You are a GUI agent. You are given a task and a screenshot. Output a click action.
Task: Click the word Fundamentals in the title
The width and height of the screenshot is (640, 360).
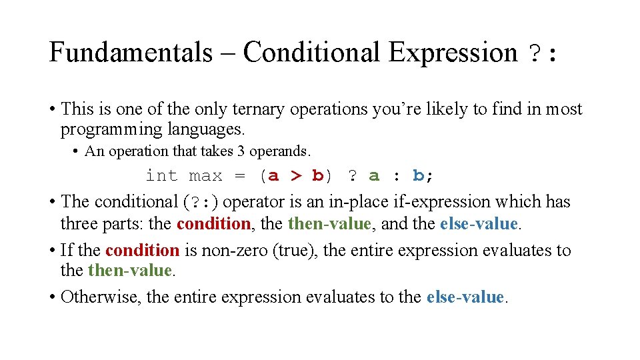tap(130, 53)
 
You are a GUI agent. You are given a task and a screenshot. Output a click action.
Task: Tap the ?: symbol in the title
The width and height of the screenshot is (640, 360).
tap(541, 53)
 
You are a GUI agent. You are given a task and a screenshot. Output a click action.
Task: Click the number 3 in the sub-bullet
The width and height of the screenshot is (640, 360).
tap(240, 151)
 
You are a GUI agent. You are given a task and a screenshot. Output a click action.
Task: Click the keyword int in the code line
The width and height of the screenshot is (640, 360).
tap(161, 176)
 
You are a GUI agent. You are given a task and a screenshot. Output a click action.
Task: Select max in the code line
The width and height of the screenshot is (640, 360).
tap(205, 176)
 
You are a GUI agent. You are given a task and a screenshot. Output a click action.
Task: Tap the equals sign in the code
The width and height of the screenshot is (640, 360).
tap(240, 176)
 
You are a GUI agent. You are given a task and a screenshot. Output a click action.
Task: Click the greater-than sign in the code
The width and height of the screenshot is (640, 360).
tap(296, 176)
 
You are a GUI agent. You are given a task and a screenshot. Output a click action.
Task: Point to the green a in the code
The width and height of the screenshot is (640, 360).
tap(374, 176)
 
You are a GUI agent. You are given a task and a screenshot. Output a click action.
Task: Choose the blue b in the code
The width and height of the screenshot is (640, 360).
tap(418, 176)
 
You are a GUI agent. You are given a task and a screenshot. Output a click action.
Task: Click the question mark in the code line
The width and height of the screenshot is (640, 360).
tap(351, 176)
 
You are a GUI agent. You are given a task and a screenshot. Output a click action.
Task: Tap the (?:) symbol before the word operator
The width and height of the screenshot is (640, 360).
tap(201, 202)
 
